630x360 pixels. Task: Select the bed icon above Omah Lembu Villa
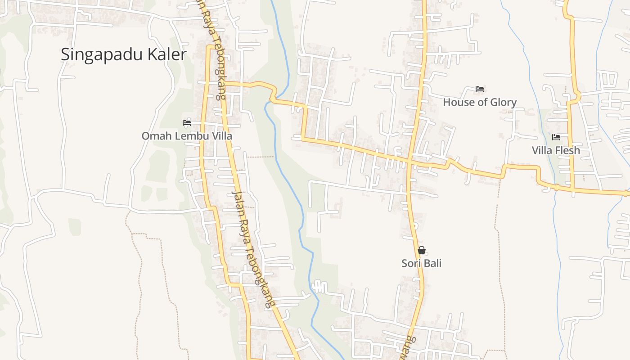(187, 122)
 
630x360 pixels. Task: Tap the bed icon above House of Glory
(480, 89)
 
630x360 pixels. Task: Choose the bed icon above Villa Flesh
(556, 137)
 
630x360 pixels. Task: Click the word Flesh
(568, 150)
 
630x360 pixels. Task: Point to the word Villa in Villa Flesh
(543, 150)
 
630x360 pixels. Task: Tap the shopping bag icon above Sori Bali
(422, 250)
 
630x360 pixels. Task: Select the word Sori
(411, 263)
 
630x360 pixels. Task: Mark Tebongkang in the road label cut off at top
(216, 67)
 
